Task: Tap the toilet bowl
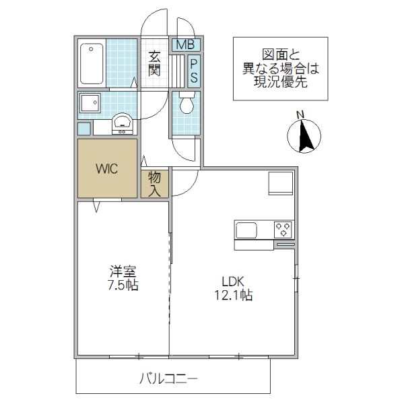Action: point(187,104)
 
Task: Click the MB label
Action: point(185,45)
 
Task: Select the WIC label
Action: point(106,168)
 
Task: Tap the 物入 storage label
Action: point(155,184)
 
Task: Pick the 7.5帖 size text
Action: point(123,285)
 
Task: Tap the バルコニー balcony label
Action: point(168,379)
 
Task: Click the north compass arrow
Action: point(302,135)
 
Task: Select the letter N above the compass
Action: point(302,114)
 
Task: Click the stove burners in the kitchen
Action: point(283,230)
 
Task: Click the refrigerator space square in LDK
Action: point(280,184)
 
